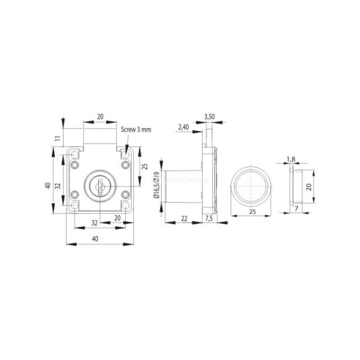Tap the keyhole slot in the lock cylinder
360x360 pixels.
coord(101,184)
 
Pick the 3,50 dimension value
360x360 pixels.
coord(209,116)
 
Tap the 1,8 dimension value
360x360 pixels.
coord(290,157)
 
